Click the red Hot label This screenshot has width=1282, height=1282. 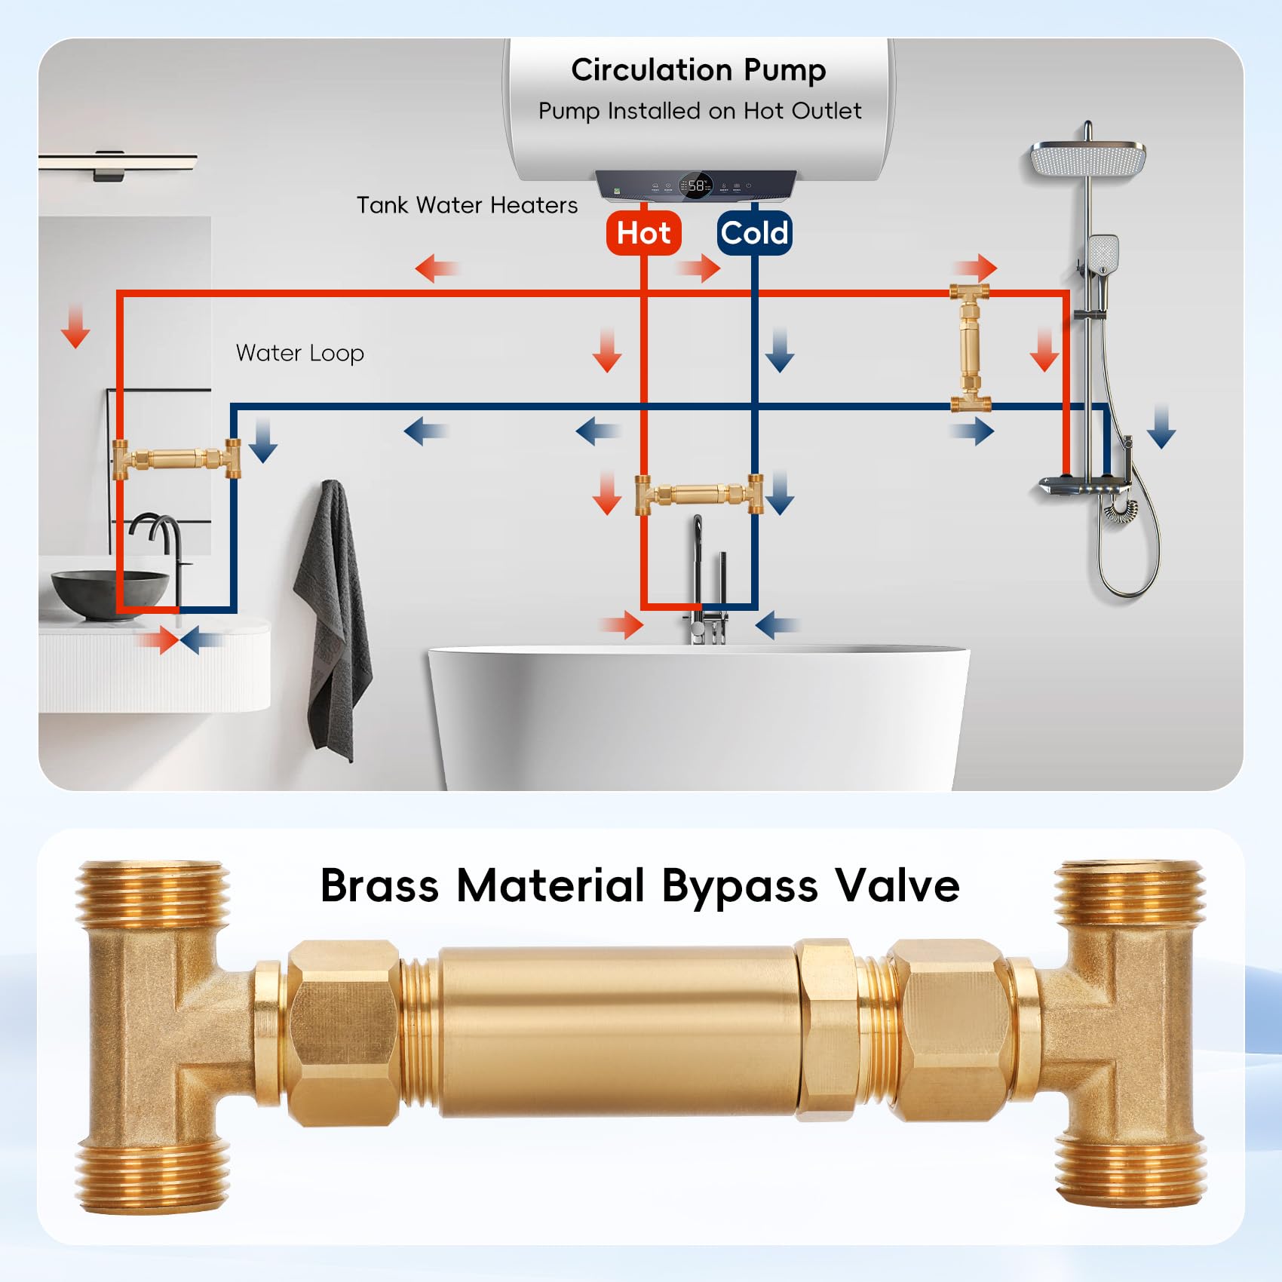[643, 232]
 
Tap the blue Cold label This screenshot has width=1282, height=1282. [754, 232]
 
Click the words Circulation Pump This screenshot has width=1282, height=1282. [698, 70]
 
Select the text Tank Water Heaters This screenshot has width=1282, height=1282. [467, 205]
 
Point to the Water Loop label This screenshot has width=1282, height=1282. [300, 353]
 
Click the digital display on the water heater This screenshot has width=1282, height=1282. [695, 185]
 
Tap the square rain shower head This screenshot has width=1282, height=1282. [1087, 160]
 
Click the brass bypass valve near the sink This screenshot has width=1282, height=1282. [176, 458]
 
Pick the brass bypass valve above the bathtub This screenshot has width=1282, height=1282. [699, 494]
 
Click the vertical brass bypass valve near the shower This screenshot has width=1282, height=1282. [969, 348]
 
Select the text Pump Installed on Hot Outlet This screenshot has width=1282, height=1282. [700, 111]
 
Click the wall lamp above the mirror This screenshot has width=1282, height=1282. [118, 164]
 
